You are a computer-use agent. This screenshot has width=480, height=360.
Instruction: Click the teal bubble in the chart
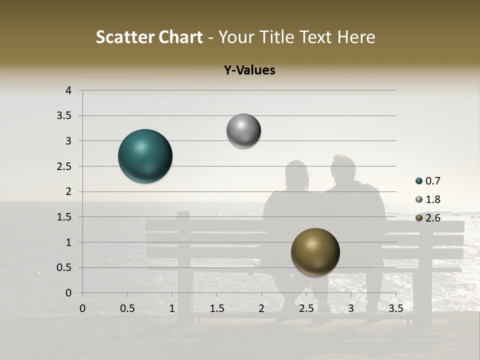pyautogui.click(x=145, y=156)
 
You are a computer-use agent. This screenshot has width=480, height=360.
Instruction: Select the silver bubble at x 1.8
pyautogui.click(x=243, y=131)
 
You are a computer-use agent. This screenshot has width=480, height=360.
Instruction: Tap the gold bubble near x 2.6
pyautogui.click(x=315, y=252)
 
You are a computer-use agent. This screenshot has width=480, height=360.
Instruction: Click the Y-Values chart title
pyautogui.click(x=249, y=70)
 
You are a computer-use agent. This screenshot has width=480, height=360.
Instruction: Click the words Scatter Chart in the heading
pyautogui.click(x=149, y=37)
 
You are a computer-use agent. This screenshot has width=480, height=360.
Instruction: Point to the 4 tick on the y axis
pyautogui.click(x=69, y=90)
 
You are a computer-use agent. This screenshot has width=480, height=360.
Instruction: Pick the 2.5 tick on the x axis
pyautogui.click(x=306, y=308)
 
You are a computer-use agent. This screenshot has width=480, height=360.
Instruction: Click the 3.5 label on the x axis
pyautogui.click(x=395, y=308)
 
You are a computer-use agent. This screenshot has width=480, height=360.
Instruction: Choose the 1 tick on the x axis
pyautogui.click(x=172, y=308)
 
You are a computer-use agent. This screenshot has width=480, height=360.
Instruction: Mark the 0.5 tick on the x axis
pyautogui.click(x=127, y=308)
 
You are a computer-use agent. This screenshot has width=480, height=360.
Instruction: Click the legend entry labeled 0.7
pyautogui.click(x=428, y=181)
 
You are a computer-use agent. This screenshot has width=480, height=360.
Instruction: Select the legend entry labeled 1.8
pyautogui.click(x=428, y=199)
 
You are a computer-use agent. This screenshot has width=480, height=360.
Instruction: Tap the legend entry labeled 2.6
pyautogui.click(x=428, y=217)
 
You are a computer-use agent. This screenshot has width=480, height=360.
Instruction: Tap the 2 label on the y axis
pyautogui.click(x=69, y=191)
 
